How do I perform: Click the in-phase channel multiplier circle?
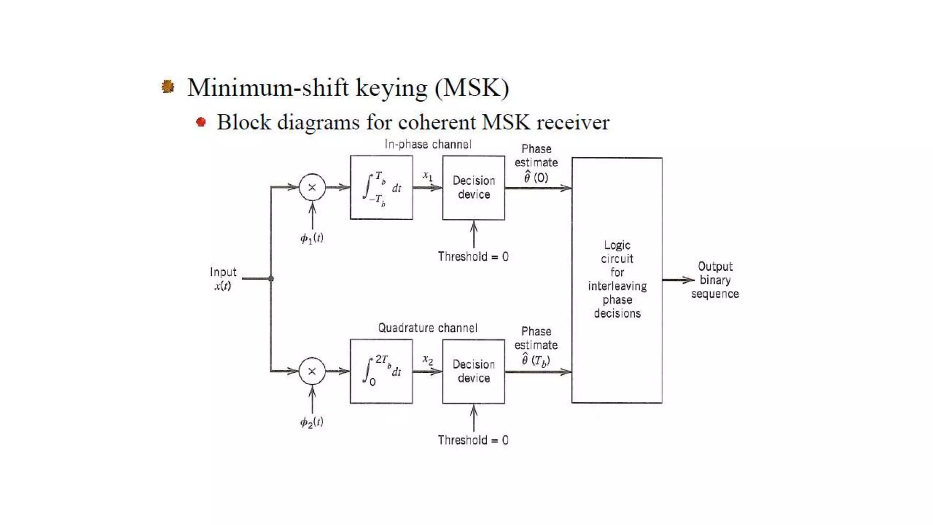[x=312, y=187]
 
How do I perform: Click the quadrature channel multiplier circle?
[x=312, y=371]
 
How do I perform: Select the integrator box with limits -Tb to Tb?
[x=381, y=187]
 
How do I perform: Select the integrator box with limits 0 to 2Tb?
[x=381, y=371]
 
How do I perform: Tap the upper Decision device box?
[x=473, y=187]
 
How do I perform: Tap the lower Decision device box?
[x=473, y=371]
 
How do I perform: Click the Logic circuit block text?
[x=617, y=279]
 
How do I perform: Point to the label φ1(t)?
[x=312, y=238]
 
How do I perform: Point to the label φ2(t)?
[x=312, y=422]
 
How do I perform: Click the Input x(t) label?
[x=223, y=278]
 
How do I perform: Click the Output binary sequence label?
[x=715, y=280]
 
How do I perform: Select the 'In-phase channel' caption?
[x=428, y=144]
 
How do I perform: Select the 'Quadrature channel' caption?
[x=428, y=328]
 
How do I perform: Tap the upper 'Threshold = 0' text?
[x=473, y=257]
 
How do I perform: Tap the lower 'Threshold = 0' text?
[x=473, y=440]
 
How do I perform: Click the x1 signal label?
[x=427, y=175]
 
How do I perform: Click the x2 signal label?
[x=427, y=360]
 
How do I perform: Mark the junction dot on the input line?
[x=271, y=278]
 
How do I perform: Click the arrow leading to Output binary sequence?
[x=679, y=280]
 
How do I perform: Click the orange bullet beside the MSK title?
[x=168, y=86]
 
